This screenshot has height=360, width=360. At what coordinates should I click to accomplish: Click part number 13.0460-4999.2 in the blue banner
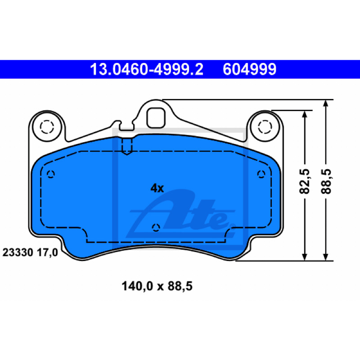[x=147, y=69]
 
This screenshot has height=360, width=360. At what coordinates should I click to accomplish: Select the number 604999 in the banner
[x=250, y=69]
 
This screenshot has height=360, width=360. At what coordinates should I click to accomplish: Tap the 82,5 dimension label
[x=305, y=181]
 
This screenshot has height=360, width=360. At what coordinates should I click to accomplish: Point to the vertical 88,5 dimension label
[x=326, y=181]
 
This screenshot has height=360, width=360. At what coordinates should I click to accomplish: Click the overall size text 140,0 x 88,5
[x=157, y=286]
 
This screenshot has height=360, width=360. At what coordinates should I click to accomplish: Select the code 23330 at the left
[x=18, y=252]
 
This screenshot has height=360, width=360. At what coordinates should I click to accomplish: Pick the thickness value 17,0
[x=48, y=252]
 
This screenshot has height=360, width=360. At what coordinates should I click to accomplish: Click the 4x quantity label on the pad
[x=157, y=188]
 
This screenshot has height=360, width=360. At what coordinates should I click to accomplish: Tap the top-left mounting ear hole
[x=47, y=127]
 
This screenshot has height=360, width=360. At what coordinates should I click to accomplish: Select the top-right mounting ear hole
[x=265, y=127]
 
